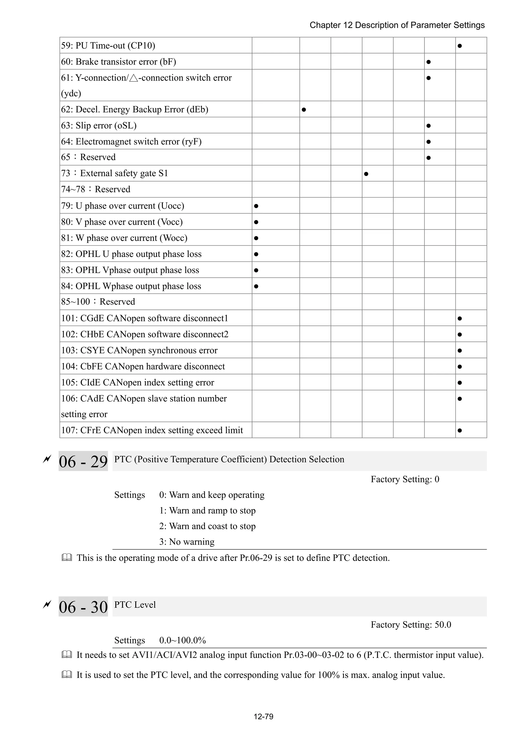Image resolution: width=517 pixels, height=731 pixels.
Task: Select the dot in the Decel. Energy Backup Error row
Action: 304,110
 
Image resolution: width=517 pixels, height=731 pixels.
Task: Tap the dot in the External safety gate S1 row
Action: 366,174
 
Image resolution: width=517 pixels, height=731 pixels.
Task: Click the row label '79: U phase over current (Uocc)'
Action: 123,206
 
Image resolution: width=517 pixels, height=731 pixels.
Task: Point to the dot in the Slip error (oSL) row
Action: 428,126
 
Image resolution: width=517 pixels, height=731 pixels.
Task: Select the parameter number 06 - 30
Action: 83,607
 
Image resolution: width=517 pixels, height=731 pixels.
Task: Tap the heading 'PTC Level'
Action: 135,605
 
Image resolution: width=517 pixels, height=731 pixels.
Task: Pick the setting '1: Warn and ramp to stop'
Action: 207,510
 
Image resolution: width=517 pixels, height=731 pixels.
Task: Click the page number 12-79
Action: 264,717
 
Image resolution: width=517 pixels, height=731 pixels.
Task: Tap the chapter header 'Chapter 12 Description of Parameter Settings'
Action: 397,25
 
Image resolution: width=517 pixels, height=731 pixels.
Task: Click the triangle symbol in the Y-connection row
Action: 134,78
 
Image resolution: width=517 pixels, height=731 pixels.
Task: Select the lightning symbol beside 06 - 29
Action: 47,459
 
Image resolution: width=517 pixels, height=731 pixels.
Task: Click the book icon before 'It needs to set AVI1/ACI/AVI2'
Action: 67,655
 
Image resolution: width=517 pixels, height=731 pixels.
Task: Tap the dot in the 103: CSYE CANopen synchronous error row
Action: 459,350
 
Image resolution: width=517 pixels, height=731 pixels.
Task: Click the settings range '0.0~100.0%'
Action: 183,640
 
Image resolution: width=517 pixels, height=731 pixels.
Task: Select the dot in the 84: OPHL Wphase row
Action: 256,286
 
